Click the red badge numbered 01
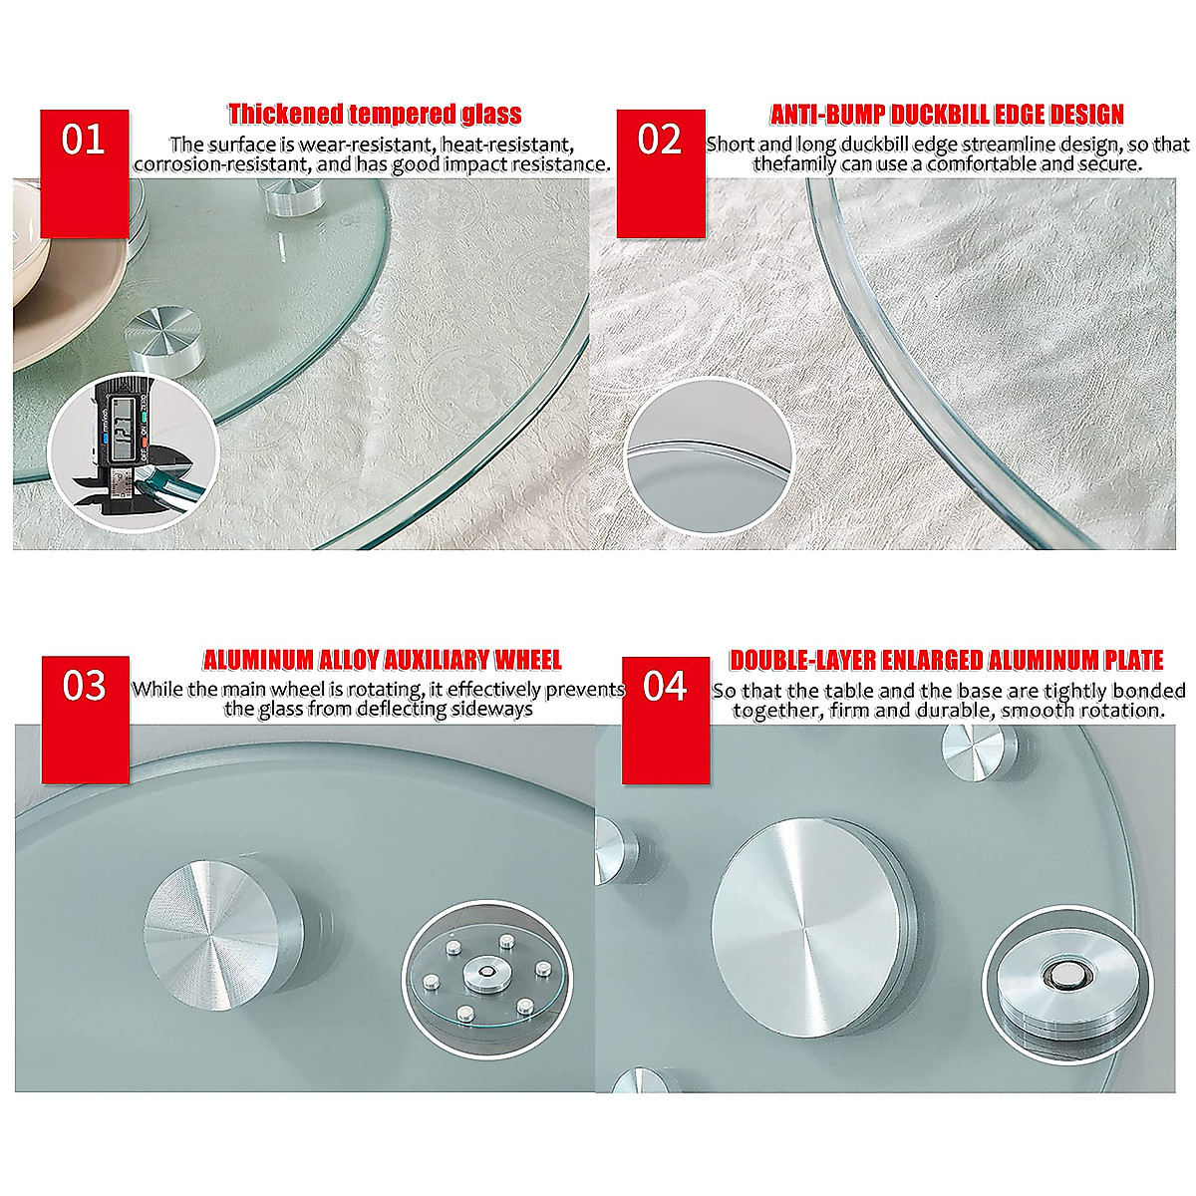pos(85,172)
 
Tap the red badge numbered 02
pos(660,172)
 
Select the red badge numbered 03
pos(85,719)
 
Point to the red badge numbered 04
pos(666,719)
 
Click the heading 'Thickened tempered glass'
pos(375,114)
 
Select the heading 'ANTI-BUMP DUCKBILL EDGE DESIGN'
pos(947,114)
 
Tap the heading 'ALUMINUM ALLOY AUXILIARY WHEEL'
pos(383,660)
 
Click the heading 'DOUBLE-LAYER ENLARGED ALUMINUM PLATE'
pos(947,660)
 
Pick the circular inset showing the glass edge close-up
pos(709,453)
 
